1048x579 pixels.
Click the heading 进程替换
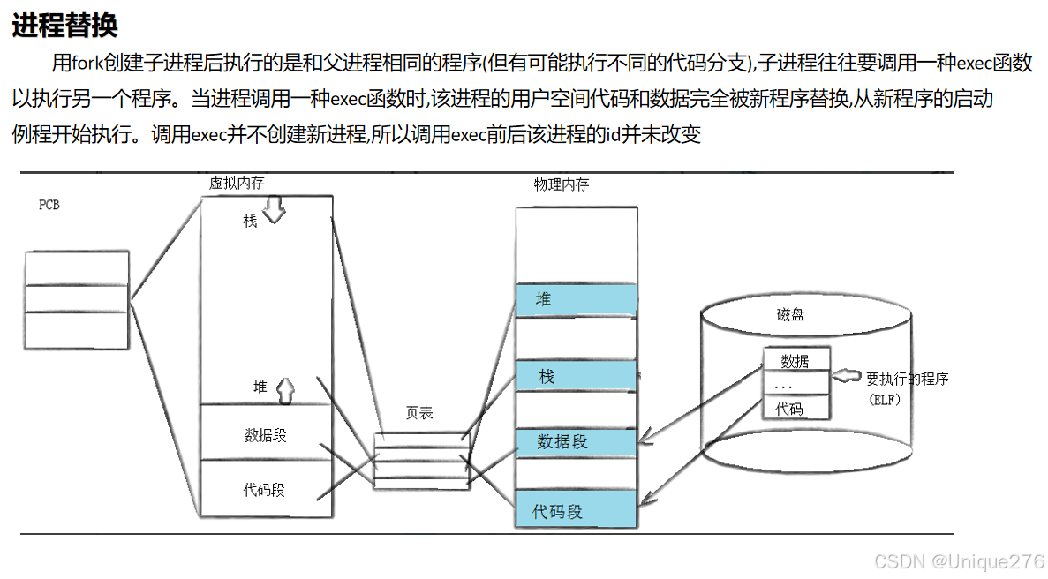click(64, 26)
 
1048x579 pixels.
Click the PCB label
click(49, 205)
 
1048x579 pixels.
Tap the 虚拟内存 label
click(236, 183)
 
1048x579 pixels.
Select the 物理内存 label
click(562, 184)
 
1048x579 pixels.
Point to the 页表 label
click(419, 412)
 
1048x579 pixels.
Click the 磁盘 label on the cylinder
click(790, 315)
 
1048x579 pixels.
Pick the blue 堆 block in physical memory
click(576, 300)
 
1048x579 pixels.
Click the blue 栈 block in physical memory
click(576, 377)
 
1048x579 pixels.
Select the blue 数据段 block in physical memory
click(576, 442)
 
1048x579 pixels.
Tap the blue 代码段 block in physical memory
click(576, 511)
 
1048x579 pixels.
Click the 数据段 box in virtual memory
click(267, 434)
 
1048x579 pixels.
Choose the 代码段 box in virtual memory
click(267, 490)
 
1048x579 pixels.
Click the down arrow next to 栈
click(274, 212)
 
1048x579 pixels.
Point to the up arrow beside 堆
click(284, 388)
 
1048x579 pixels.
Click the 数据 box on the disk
click(795, 360)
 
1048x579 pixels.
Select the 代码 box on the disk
click(795, 408)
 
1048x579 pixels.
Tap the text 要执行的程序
click(907, 379)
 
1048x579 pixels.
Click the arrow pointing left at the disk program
click(847, 377)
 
